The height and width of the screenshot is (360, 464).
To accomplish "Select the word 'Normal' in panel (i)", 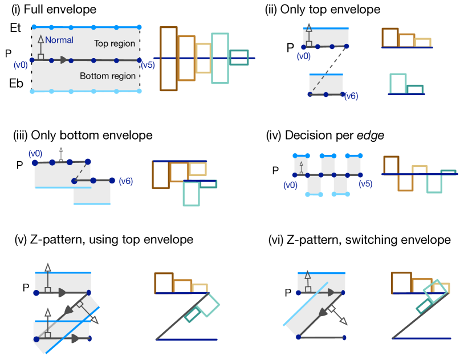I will (59, 40).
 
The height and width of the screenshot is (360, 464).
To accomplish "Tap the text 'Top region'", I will (115, 43).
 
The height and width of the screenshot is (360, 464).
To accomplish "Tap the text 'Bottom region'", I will (108, 76).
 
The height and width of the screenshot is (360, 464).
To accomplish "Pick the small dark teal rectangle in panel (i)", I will (239, 58).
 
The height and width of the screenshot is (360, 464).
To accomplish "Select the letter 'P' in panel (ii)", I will (290, 47).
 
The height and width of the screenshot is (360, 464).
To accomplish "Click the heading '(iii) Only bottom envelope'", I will (83, 136).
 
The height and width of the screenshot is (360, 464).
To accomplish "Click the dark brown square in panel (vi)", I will (401, 282).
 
